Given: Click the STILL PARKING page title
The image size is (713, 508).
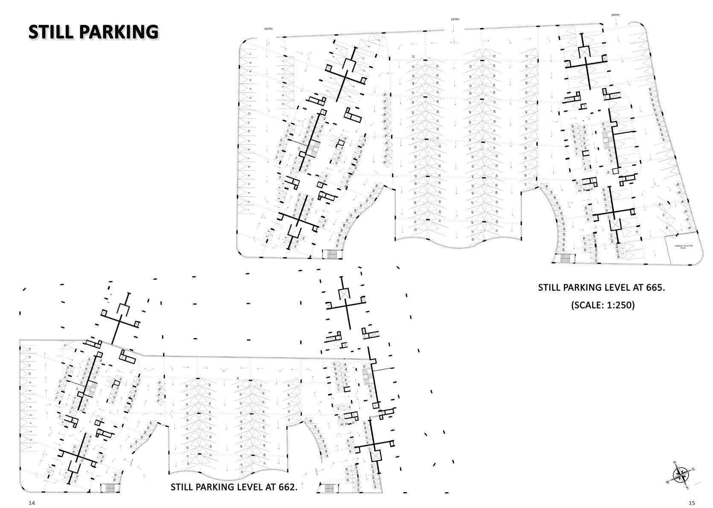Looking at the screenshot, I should pyautogui.click(x=93, y=32).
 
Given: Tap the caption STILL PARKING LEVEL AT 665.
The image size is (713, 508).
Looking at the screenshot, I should pyautogui.click(x=601, y=287).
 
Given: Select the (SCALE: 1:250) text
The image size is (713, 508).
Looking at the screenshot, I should pyautogui.click(x=602, y=305).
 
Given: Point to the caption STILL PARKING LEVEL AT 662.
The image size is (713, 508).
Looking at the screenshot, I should pyautogui.click(x=234, y=487).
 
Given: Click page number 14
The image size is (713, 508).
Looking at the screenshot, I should pyautogui.click(x=32, y=503).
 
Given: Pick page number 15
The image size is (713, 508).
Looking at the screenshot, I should pyautogui.click(x=692, y=503).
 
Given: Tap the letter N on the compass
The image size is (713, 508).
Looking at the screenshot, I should pyautogui.click(x=675, y=463).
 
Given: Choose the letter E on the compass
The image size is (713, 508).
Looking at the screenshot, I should pyautogui.click(x=693, y=470).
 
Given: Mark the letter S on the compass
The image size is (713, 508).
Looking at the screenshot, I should pyautogui.click(x=687, y=488).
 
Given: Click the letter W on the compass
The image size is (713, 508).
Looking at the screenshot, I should pyautogui.click(x=668, y=481).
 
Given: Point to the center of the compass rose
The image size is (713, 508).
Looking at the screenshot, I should pyautogui.click(x=681, y=475).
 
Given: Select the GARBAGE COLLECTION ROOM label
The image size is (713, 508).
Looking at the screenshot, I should pyautogui.click(x=684, y=247).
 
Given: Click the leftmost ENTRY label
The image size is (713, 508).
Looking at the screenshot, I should pyautogui.click(x=269, y=29).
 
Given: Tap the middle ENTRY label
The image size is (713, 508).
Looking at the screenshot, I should pyautogui.click(x=455, y=19).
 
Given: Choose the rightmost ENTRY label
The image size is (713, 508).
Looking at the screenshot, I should pyautogui.click(x=615, y=15).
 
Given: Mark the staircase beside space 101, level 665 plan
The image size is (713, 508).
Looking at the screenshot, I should pyautogui.click(x=565, y=259).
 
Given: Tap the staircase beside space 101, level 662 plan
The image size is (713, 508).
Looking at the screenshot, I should pyautogui.click(x=327, y=488).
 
